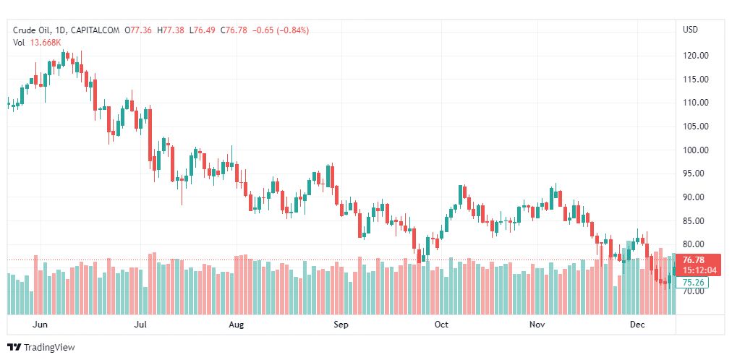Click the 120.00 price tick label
[695, 56]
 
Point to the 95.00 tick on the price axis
[695, 173]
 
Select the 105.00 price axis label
[695, 127]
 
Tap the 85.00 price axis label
[695, 220]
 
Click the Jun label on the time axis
[41, 325]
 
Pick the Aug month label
[236, 325]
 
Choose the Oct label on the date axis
[441, 325]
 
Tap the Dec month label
[637, 325]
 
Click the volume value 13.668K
[46, 42]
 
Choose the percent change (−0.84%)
[290, 30]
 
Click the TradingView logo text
[48, 348]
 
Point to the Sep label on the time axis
[341, 325]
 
